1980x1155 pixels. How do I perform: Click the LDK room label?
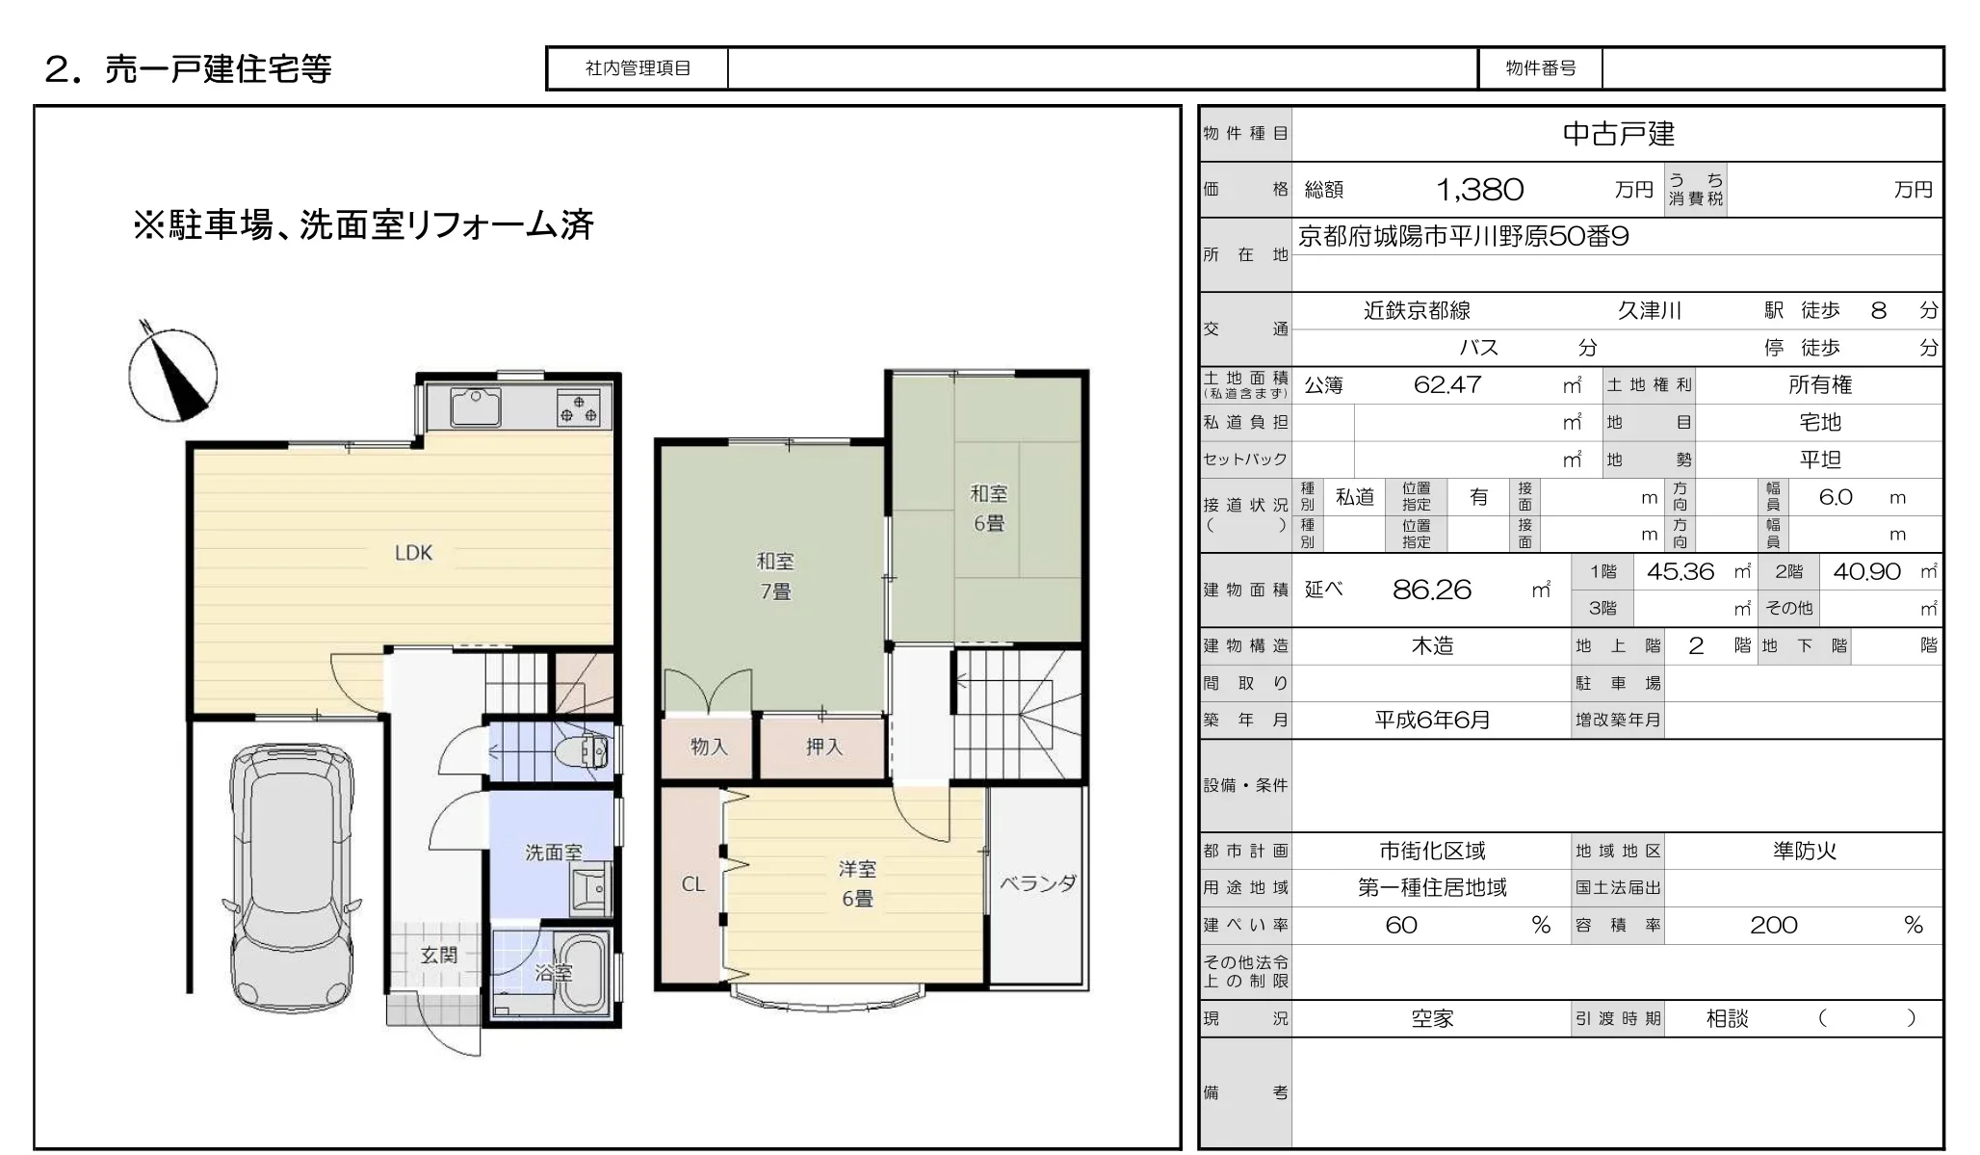(x=413, y=553)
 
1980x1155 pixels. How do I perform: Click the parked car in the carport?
(x=290, y=876)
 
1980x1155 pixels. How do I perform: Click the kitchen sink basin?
(x=475, y=407)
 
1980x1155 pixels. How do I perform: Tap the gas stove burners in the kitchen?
(x=578, y=407)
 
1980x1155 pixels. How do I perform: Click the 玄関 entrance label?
(x=439, y=956)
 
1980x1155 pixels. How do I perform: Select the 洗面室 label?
(x=553, y=853)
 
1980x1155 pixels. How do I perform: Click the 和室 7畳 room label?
(x=775, y=576)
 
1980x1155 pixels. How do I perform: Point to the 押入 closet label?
(x=823, y=747)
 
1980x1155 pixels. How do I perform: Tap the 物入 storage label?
(x=709, y=747)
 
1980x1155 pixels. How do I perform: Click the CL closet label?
(x=693, y=884)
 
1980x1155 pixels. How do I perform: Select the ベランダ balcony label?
(x=1037, y=883)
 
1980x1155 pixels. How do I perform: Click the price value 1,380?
(x=1479, y=190)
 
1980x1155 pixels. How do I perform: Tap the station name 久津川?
(x=1650, y=310)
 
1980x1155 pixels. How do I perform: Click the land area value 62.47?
(x=1446, y=385)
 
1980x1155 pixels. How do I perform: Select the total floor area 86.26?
(x=1432, y=590)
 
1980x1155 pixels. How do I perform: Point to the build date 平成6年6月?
(x=1432, y=720)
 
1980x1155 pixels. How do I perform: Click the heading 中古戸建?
(x=1619, y=134)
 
